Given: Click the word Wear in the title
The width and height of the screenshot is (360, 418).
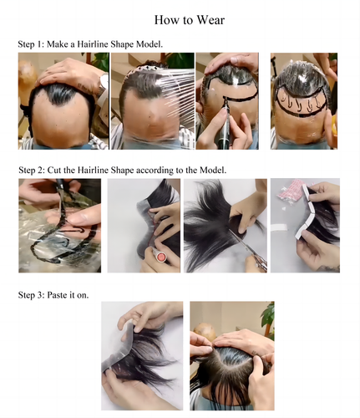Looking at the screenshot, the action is (x=210, y=20).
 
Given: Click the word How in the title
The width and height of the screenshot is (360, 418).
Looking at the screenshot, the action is (x=165, y=20).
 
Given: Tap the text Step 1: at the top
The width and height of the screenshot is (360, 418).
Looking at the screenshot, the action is (x=31, y=44).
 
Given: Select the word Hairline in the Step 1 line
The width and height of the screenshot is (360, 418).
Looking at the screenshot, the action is (x=93, y=44).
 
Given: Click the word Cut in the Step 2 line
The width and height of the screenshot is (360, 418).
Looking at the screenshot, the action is (x=54, y=170).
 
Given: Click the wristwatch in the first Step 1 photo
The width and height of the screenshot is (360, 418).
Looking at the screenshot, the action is (x=104, y=84).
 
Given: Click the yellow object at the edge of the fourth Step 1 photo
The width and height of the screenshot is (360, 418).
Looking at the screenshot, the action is (x=334, y=125).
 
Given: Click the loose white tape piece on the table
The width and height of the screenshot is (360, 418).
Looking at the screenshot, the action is (x=279, y=227).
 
